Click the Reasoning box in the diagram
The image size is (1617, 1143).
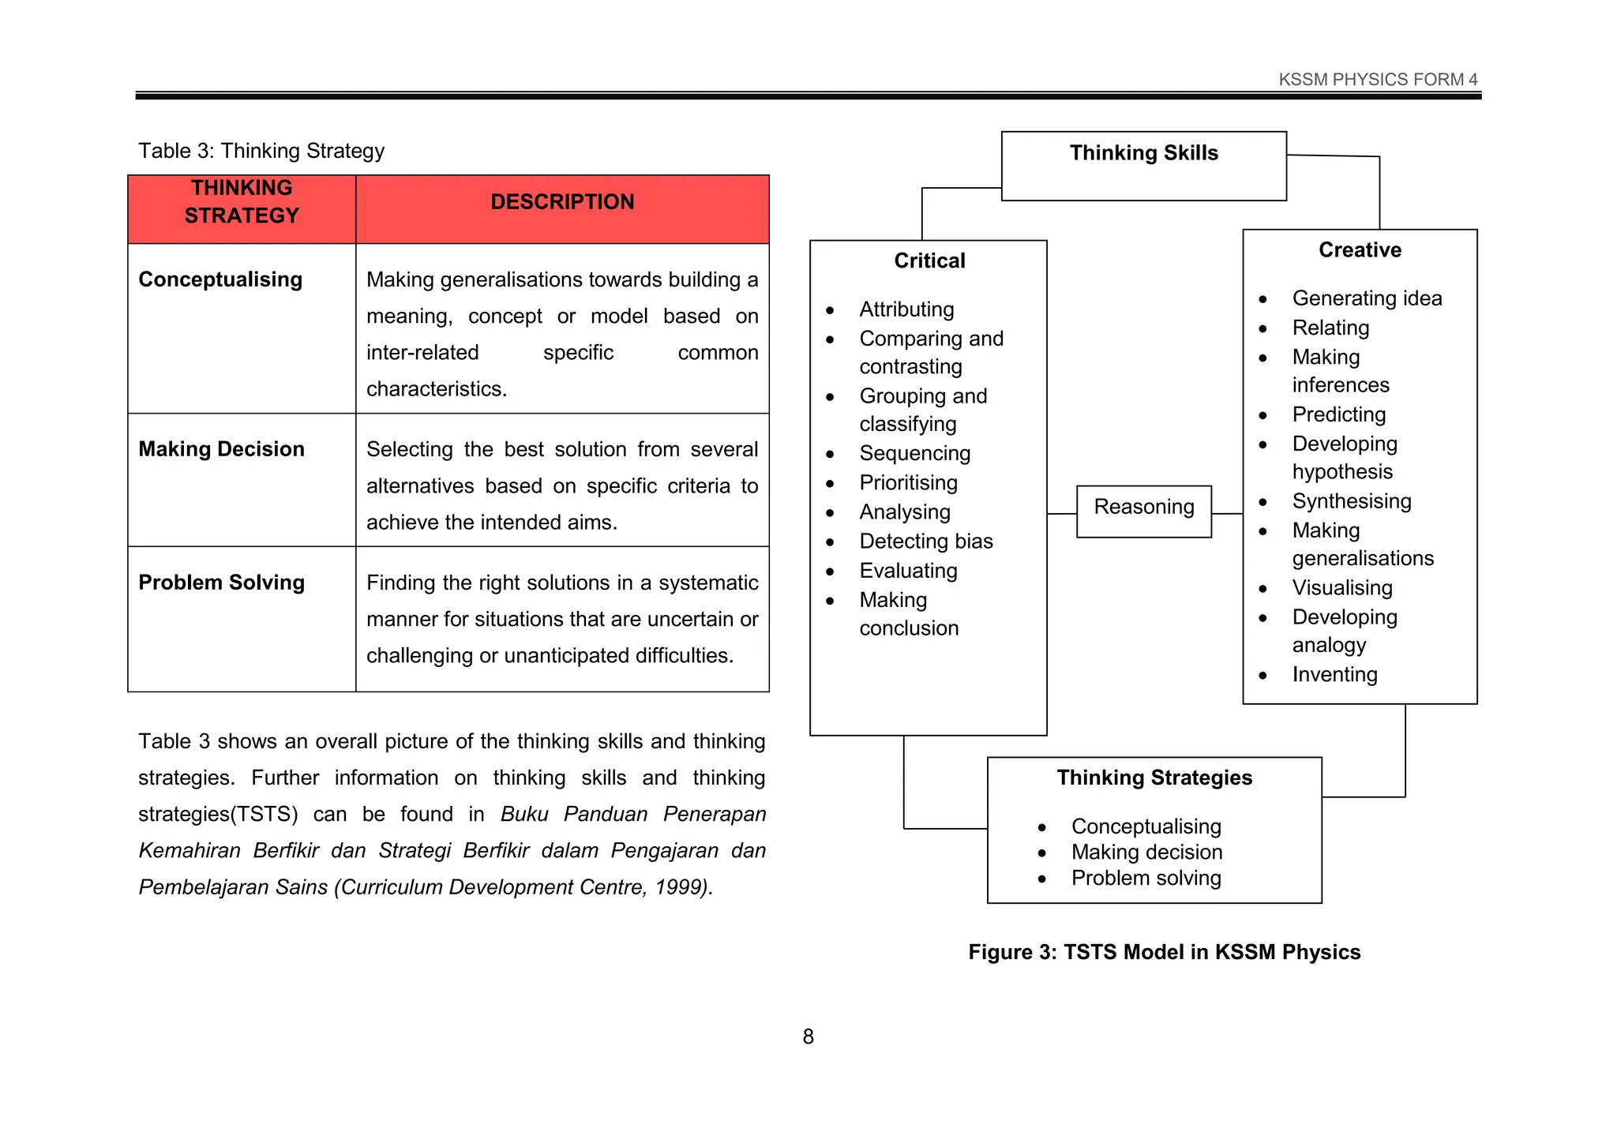point(1143,508)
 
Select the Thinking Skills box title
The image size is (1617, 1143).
point(1143,153)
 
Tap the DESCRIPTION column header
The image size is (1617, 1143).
point(562,202)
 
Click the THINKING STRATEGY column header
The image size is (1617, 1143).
point(242,202)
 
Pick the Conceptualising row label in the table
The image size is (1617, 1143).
point(220,279)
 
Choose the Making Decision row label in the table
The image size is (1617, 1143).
point(221,449)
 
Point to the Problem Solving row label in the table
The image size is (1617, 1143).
point(221,583)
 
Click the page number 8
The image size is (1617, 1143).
point(808,1036)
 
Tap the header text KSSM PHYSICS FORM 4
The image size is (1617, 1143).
point(1378,80)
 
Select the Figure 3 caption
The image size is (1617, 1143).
point(1164,952)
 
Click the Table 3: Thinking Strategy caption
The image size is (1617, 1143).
point(261,151)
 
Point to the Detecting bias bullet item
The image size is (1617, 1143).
point(925,542)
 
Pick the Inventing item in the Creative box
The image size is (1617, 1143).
point(1334,675)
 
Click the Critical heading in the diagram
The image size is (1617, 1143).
point(929,261)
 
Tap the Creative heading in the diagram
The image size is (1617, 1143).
point(1360,250)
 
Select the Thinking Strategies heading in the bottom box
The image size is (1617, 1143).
point(1154,778)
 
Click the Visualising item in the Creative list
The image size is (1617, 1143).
point(1341,588)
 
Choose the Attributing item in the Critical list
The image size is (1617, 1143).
point(906,309)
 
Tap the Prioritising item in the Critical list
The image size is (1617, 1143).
point(908,483)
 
